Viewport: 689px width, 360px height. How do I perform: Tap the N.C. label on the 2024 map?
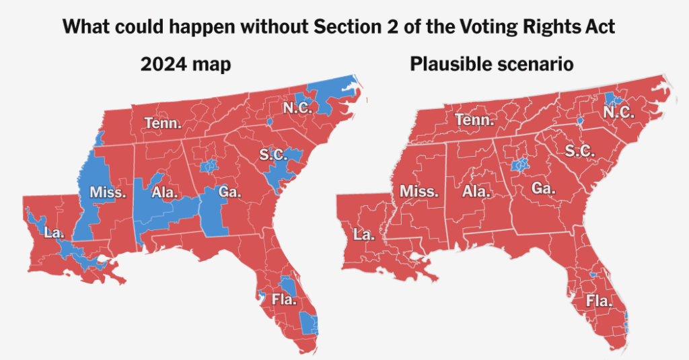point(297,107)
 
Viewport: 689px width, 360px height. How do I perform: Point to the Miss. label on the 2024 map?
point(108,193)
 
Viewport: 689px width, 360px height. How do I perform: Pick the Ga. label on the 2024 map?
point(229,192)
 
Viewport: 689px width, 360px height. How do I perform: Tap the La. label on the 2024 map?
point(53,232)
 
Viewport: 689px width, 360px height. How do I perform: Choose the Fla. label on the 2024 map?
point(284,299)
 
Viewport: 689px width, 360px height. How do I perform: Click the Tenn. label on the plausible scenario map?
point(474,120)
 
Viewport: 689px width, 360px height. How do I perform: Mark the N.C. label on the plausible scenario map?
point(618,112)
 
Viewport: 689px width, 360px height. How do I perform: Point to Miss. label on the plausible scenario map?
point(419,191)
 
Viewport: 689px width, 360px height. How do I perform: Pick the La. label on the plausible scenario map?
point(364,235)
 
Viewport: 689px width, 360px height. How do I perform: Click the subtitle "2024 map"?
point(186,65)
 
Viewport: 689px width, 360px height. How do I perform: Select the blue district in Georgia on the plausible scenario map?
point(520,164)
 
